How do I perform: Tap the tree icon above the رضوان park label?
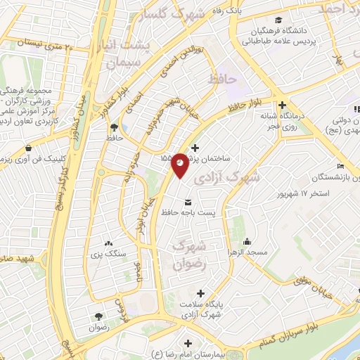pos(98,317)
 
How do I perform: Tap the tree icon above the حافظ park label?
pos(114,127)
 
